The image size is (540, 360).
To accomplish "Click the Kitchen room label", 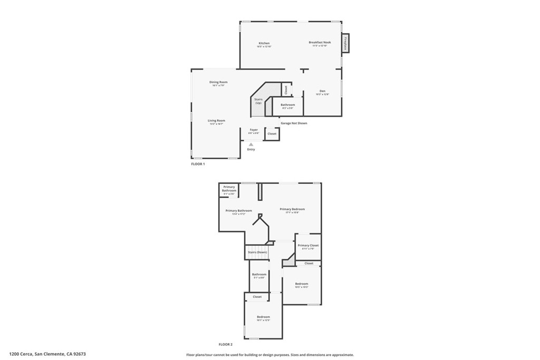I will [264, 43].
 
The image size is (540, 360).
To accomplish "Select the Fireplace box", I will [346, 43].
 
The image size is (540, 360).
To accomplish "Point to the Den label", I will [322, 91].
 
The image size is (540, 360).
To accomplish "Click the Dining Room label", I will [218, 82].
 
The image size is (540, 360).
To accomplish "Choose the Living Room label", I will [216, 121].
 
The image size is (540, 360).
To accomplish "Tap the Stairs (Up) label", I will [258, 101].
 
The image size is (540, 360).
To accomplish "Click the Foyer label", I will [254, 130].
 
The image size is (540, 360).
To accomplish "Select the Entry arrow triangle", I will [251, 144].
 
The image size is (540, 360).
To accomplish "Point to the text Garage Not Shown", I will [294, 123].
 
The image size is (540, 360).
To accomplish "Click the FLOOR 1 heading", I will [198, 164].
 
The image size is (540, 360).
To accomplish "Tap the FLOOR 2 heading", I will [226, 344].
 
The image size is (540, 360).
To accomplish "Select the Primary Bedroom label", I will [292, 209].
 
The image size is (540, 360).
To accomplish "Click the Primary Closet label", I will [308, 246].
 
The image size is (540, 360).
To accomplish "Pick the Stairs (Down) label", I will [257, 252].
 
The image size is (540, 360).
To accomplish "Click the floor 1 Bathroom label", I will [288, 105].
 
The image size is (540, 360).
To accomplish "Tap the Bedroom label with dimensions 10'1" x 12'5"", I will [263, 317].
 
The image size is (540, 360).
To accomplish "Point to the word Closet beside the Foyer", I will [272, 134].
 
